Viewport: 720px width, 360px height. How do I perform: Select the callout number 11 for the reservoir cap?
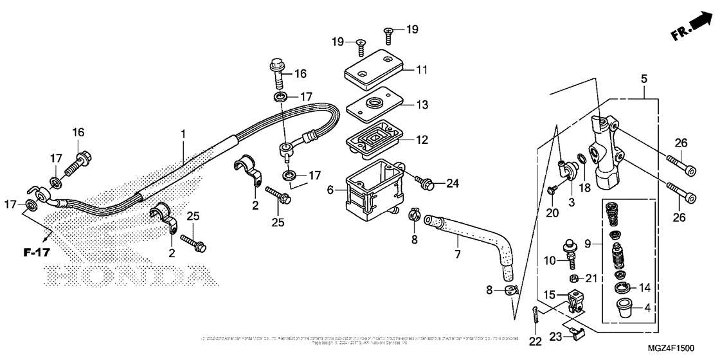coord(421,69)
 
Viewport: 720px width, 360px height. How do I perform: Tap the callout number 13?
coord(421,105)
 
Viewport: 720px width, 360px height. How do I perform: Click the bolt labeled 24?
coord(426,185)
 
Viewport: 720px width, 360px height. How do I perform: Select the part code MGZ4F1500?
coord(670,348)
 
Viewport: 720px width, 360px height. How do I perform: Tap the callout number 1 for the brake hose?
coord(183,134)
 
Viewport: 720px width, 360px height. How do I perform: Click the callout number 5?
coord(644,78)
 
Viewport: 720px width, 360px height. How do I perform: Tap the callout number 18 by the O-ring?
coord(585,187)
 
